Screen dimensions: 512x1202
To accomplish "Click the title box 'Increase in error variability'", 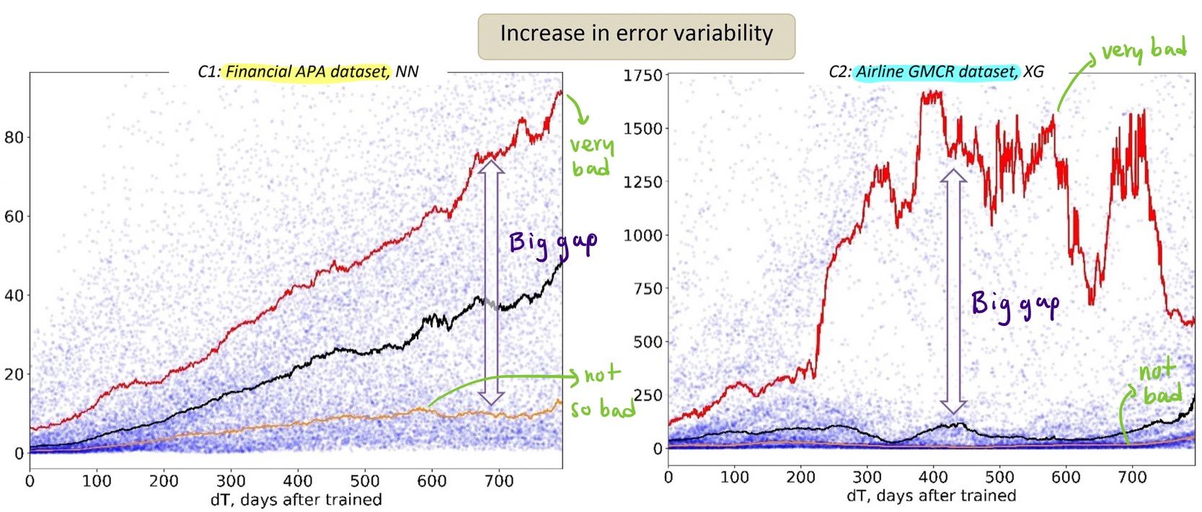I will click(x=636, y=34).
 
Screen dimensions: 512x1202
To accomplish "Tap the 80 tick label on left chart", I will click(x=14, y=138).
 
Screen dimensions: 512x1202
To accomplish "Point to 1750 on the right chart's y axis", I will click(x=642, y=76).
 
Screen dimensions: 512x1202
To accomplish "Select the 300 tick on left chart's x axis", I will click(x=231, y=481).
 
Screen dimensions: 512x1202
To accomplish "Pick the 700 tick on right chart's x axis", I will click(x=1132, y=477).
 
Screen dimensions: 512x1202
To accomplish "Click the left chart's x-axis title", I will click(x=296, y=499).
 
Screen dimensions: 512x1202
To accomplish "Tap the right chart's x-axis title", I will click(x=931, y=495).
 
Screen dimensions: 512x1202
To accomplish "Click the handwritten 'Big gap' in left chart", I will click(x=553, y=243).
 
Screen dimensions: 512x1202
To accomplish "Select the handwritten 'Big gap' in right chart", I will click(x=1015, y=304).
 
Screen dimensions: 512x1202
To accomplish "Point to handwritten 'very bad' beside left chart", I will click(x=591, y=155).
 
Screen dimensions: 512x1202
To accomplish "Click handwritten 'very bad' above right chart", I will click(x=1144, y=50).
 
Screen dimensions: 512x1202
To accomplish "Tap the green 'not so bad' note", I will click(x=602, y=392).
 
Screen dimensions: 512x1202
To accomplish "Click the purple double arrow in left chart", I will click(x=491, y=281).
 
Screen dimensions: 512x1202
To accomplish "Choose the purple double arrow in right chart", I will click(x=953, y=292).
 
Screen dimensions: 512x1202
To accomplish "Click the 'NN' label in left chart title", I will click(x=407, y=72).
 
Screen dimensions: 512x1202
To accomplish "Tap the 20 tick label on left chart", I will click(x=14, y=374).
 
